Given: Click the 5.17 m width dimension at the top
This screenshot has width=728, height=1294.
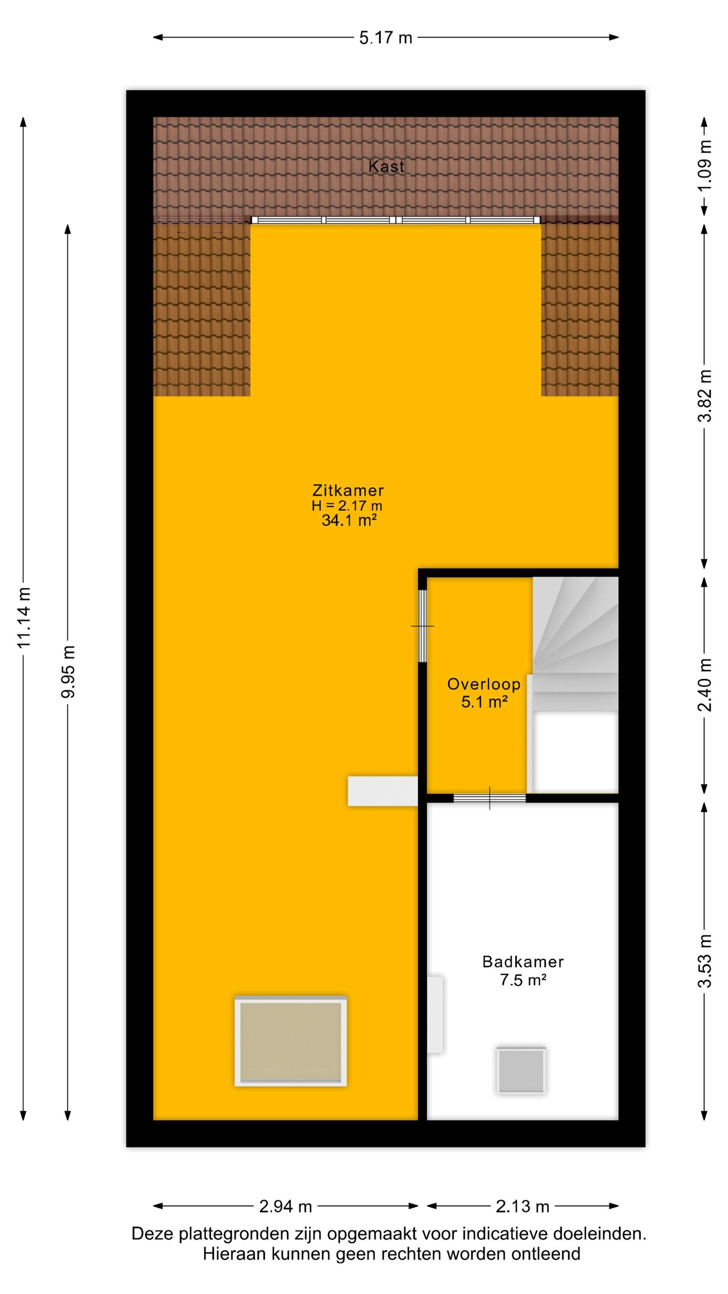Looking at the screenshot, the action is pos(386,38).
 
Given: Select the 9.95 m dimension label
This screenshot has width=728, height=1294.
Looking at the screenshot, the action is pos(68,671).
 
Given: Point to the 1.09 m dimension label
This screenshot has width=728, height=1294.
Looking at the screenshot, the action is pos(705,165).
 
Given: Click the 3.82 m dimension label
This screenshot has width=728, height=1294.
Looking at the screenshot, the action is pos(705,396).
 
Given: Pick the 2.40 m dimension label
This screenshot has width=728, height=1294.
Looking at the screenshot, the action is pos(705,685).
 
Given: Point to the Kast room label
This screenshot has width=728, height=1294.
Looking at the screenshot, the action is pos(386,166).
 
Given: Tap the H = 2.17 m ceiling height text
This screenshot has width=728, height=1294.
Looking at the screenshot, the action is pos(347,506).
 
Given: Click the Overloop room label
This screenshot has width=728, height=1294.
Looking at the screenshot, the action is pos(484,684).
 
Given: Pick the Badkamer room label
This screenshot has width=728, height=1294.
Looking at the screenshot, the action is pos(523,961).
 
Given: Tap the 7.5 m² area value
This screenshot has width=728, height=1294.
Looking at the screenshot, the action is pos(523,980).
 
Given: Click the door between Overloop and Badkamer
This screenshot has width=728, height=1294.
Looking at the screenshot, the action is pos(490,798).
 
